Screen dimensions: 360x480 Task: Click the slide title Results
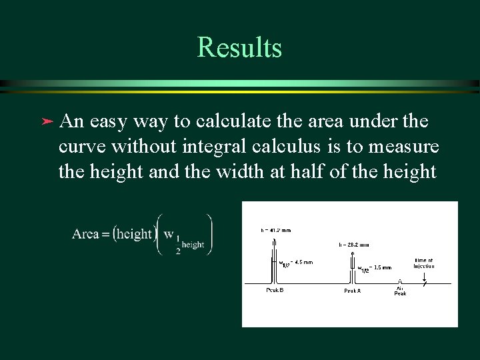click(x=239, y=48)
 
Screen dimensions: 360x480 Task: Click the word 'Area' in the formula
click(x=85, y=234)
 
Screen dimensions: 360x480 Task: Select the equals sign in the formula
click(x=105, y=235)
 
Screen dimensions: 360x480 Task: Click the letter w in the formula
click(x=168, y=234)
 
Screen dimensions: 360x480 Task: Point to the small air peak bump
click(x=399, y=282)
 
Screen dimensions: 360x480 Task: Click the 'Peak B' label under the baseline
click(x=275, y=290)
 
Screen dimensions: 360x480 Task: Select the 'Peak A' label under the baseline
click(x=353, y=290)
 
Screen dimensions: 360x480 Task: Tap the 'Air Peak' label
click(x=400, y=291)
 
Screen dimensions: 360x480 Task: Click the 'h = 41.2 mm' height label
click(x=275, y=231)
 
